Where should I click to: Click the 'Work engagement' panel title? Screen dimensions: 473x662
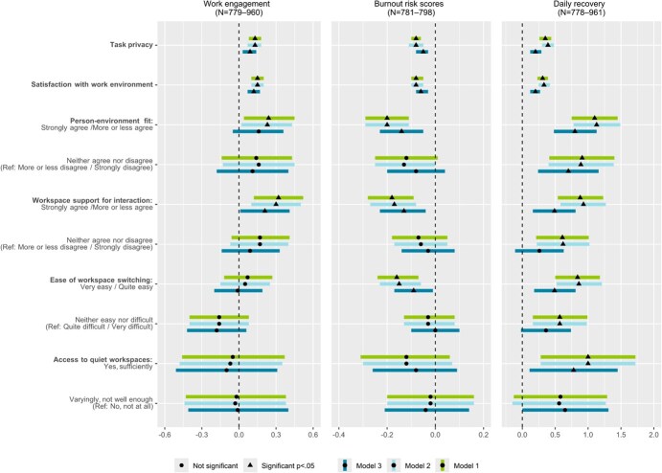[239, 6]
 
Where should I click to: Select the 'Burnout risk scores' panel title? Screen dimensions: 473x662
[415, 6]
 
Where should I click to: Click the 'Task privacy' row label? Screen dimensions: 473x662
[131, 44]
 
